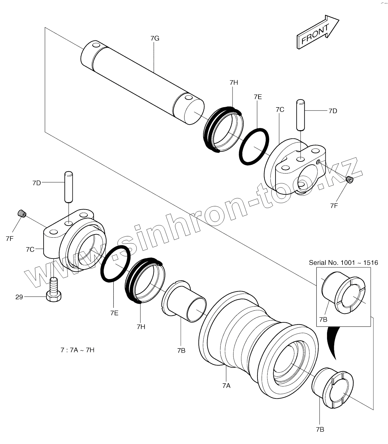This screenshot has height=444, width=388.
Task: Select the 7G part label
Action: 155,38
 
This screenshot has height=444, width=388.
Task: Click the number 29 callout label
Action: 19,297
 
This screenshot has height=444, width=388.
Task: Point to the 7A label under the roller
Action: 226,385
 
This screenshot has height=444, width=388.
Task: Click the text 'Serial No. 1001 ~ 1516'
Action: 343,263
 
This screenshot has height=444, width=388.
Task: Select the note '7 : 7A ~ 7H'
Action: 77,350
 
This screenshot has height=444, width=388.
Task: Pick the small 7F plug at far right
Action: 349,179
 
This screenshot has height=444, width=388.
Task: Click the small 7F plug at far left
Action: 21,214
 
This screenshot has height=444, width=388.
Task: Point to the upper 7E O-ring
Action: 254,146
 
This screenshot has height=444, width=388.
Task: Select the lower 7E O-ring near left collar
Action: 115,264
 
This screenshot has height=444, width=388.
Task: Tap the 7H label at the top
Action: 233,82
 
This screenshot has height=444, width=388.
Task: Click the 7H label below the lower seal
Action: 141,327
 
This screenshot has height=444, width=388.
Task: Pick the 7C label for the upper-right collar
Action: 280,110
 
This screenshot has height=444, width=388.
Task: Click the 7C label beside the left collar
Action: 30,249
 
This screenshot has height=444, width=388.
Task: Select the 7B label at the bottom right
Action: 320,429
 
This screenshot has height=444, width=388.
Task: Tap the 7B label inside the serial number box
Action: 323,319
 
